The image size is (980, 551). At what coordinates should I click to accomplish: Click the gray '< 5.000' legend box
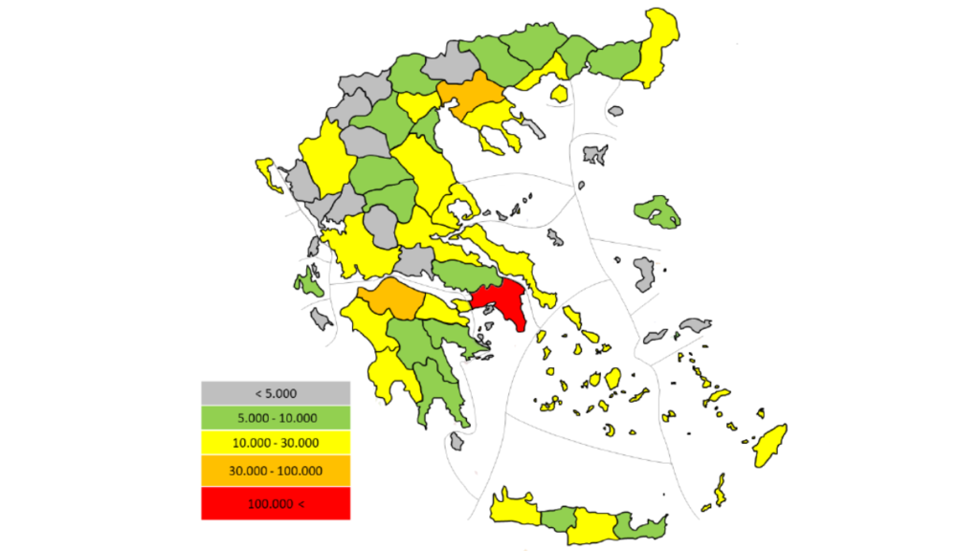coord(276,392)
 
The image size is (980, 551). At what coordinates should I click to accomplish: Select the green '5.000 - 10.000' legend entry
coord(276,418)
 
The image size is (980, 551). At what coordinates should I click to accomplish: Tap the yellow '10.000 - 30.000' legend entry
coord(276,444)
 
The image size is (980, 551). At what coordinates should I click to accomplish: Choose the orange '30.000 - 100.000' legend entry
coord(276,471)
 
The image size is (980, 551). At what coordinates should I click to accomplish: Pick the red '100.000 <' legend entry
coord(276,503)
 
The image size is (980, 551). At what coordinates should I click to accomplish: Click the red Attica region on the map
coord(502,300)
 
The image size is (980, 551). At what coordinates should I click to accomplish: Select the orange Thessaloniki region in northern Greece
coord(474,96)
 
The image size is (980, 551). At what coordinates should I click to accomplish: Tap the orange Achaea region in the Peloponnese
coord(392,300)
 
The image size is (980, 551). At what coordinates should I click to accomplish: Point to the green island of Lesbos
coord(657,210)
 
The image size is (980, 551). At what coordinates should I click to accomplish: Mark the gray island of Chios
coord(645,275)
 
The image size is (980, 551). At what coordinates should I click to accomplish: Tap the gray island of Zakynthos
coord(322,319)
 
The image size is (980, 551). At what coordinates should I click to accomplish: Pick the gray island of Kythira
coord(457,441)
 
